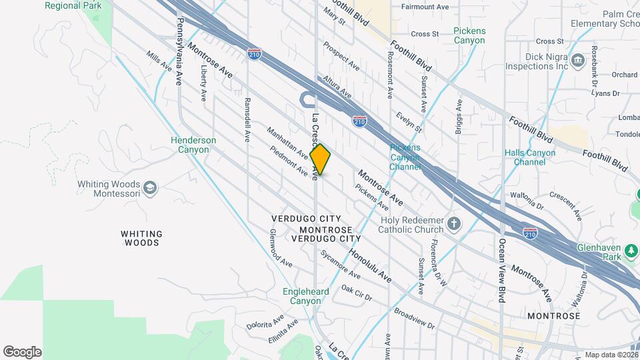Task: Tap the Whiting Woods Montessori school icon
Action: tap(150, 189)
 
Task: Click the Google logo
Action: tap(22, 352)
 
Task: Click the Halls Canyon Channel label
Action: tap(530, 157)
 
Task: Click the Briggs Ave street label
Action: tap(459, 117)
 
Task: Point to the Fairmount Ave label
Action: tap(425, 7)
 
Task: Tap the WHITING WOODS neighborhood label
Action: tap(141, 238)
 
